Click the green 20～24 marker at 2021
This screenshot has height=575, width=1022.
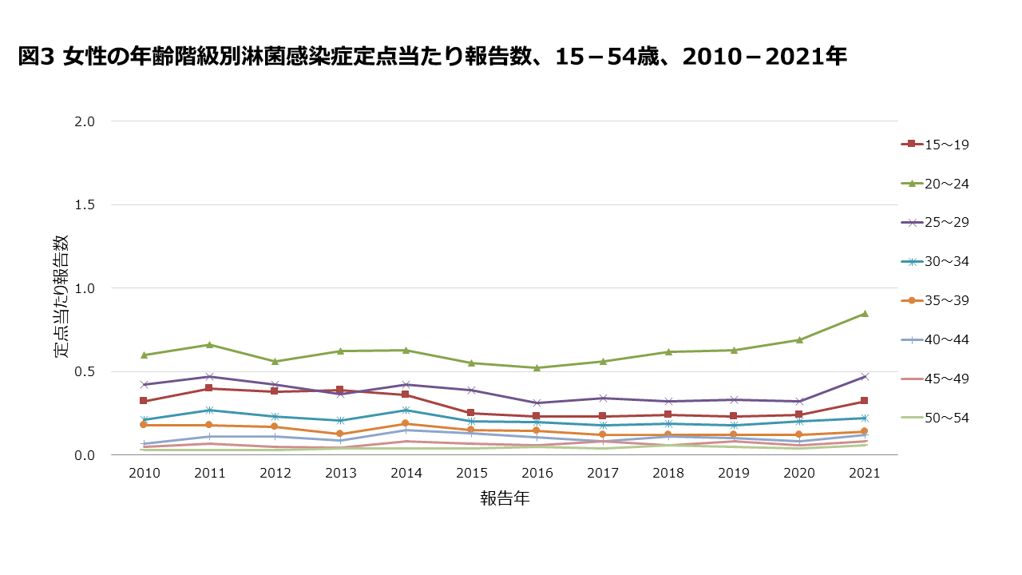coord(864,314)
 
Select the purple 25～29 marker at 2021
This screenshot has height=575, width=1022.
coord(864,376)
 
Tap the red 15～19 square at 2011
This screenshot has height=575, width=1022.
coord(209,388)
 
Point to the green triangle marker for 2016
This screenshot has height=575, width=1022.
coord(537,368)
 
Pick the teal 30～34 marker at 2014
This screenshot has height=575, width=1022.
coord(406,410)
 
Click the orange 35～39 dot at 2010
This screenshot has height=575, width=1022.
coord(144,425)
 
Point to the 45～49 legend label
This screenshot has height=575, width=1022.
coord(946,379)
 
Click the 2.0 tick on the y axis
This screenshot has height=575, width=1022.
coord(85,121)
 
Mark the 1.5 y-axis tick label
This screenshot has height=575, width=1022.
coord(85,204)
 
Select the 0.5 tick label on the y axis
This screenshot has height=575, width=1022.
coord(85,371)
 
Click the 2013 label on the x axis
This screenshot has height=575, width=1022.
coord(340,474)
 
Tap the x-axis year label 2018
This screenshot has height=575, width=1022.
coord(667,474)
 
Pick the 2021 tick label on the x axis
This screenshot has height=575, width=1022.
coord(864,474)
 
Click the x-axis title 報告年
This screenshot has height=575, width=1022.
coord(505,499)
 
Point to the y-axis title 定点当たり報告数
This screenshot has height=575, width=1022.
coord(61,295)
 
